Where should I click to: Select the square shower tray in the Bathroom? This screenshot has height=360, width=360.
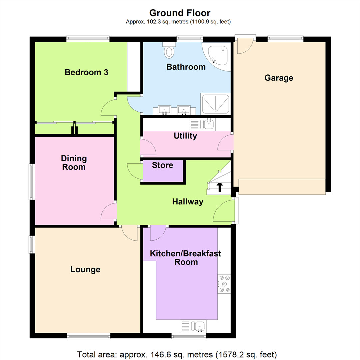215,103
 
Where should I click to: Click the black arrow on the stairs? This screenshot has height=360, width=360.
220,187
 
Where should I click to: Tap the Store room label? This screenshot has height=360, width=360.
163,165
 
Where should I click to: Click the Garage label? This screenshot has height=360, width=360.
279,78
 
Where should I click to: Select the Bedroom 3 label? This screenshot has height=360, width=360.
86,72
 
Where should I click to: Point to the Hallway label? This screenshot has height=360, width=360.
188,202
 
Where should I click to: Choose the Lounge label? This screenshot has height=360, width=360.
85,269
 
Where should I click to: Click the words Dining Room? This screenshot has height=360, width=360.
74,163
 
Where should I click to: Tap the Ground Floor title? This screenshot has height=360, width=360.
180,13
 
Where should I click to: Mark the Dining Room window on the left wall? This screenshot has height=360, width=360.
31,181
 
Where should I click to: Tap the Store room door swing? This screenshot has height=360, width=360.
134,172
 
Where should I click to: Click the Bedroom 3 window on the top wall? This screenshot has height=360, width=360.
88,39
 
